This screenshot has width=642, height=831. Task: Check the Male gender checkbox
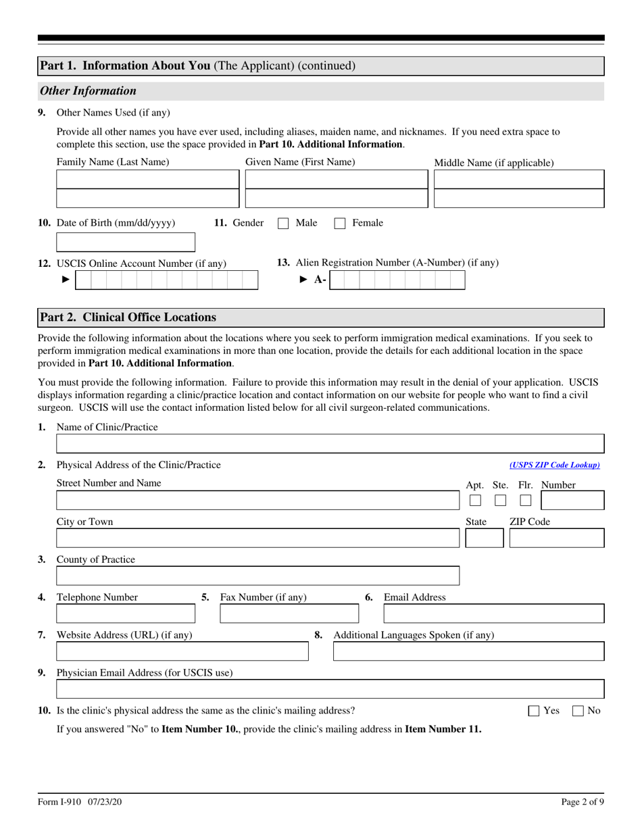284,224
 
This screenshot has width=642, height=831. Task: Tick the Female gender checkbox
341,224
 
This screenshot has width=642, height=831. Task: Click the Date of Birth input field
126,242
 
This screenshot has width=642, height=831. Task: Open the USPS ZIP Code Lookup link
554,465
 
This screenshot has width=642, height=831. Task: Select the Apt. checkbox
475,501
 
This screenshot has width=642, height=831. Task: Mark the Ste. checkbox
500,501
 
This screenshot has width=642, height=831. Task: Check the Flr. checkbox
526,501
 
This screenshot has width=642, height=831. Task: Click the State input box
485,538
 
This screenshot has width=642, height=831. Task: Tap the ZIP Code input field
556,538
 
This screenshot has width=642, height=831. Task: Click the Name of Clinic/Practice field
330,443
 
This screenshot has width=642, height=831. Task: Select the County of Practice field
257,576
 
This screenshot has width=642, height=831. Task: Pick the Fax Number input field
289,613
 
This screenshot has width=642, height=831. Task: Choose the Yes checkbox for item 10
534,711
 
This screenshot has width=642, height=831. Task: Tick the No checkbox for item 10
578,711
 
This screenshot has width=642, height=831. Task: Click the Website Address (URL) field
182,651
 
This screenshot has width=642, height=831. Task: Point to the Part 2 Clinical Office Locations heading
128,318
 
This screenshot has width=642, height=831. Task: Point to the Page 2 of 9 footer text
583,803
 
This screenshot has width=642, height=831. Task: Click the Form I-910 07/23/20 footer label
80,803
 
